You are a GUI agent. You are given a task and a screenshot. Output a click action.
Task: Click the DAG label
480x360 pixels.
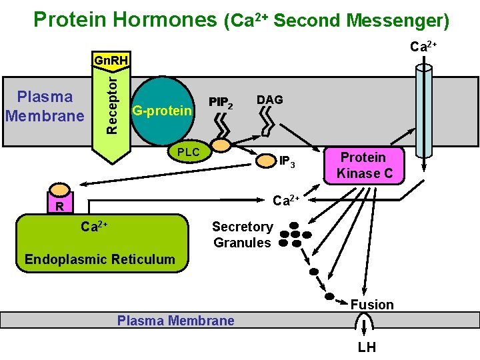point(270,100)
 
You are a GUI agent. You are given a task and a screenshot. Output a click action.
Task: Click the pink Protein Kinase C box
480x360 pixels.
point(363,165)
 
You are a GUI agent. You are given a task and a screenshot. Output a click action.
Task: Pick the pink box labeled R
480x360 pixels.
point(59,206)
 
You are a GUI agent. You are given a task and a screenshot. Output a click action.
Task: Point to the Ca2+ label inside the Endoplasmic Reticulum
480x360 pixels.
point(95,227)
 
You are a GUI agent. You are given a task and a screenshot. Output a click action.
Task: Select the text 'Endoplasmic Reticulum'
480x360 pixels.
point(99,259)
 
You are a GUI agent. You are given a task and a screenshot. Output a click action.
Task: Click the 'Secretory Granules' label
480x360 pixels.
point(242,235)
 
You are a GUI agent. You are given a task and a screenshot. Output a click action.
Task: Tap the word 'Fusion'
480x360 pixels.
point(372,305)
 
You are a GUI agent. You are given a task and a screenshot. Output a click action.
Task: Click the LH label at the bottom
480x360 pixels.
point(367,347)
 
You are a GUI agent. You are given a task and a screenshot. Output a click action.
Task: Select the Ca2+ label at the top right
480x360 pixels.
point(423,47)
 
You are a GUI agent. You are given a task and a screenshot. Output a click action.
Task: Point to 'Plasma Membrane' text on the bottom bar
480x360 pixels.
point(176,321)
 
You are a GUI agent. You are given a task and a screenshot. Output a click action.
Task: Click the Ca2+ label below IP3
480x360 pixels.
point(287,199)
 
